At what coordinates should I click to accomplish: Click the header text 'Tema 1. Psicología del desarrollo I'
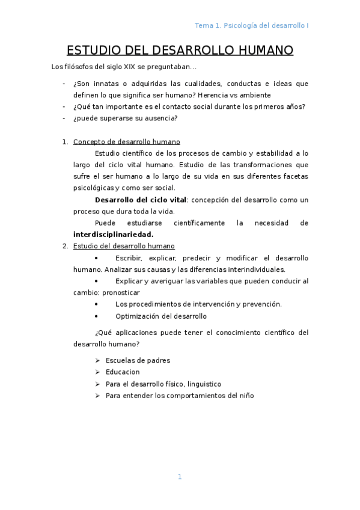pyautogui.click(x=252, y=25)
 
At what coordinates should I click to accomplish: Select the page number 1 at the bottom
pyautogui.click(x=179, y=477)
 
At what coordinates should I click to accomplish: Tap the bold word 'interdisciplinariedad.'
pyautogui.click(x=113, y=234)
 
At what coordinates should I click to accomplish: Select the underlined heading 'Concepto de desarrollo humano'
pyautogui.click(x=126, y=142)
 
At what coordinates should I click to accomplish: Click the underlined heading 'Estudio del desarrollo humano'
pyautogui.click(x=124, y=246)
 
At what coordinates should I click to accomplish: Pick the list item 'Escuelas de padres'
pyautogui.click(x=138, y=360)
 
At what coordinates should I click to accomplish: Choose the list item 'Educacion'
pyautogui.click(x=123, y=372)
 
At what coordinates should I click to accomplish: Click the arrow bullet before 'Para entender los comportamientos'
pyautogui.click(x=97, y=395)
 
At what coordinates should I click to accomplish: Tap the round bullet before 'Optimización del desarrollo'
pyautogui.click(x=97, y=316)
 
